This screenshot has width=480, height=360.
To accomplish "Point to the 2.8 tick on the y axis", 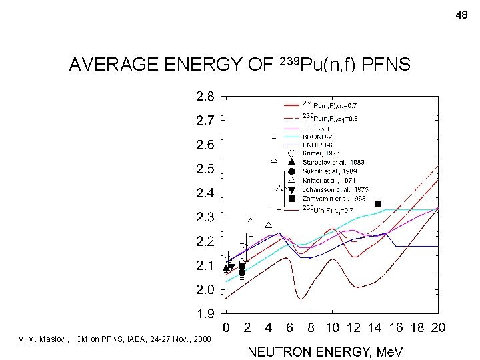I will [205, 97].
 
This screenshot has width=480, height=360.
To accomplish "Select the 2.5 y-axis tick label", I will [205, 169].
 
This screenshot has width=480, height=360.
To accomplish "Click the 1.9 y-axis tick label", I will [205, 314].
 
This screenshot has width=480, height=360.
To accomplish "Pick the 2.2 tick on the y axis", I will [205, 241].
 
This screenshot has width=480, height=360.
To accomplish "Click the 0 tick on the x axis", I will [226, 327].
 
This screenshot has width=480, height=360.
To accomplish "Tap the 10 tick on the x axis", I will [332, 327].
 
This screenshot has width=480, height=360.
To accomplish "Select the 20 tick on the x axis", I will [437, 327].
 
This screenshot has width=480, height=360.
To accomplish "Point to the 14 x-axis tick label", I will [375, 327].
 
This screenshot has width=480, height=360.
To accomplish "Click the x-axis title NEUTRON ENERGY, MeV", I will [325, 351].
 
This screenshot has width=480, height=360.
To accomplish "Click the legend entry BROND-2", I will [319, 137].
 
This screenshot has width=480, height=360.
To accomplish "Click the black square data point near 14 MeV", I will [377, 203].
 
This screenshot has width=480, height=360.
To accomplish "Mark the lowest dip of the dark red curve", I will [301, 298].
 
